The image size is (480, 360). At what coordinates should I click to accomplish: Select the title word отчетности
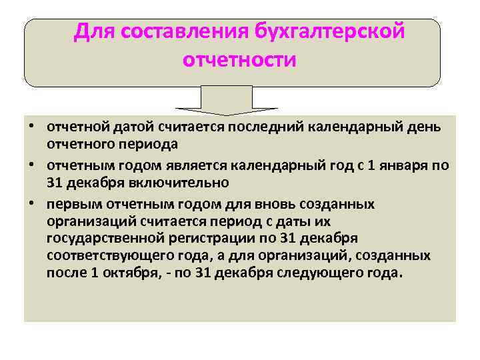coord(239,61)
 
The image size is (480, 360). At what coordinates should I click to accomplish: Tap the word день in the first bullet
coord(424,127)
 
